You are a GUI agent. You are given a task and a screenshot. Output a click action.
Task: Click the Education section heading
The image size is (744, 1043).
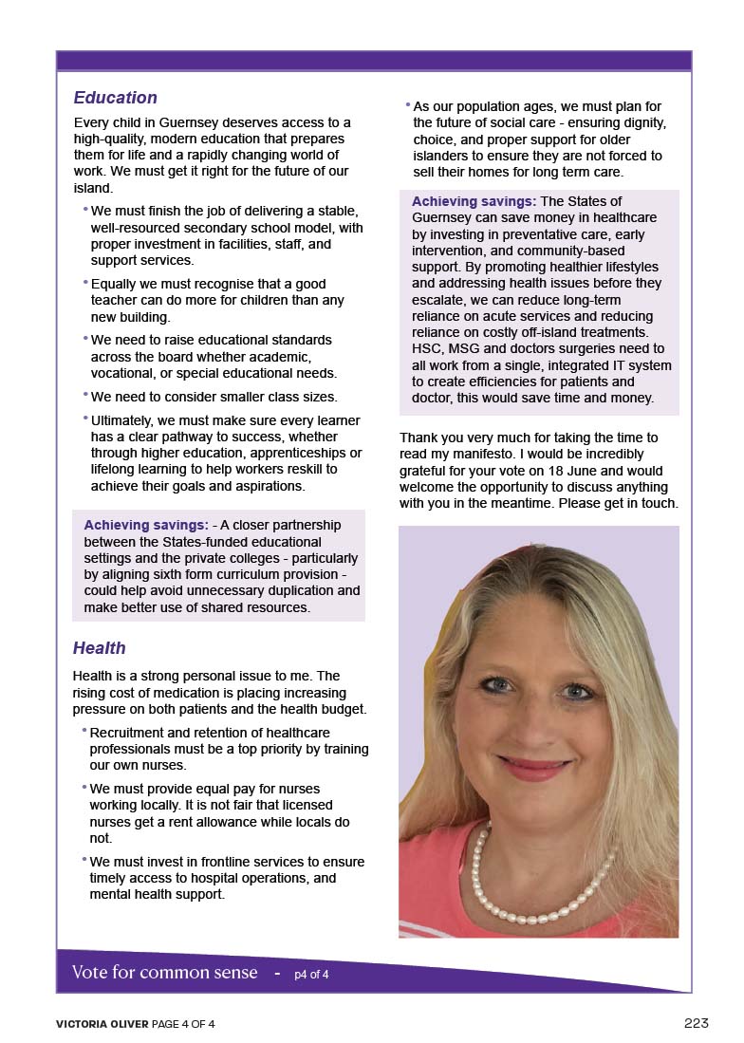pyautogui.click(x=115, y=98)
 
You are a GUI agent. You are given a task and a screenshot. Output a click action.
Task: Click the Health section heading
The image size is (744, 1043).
pyautogui.click(x=99, y=648)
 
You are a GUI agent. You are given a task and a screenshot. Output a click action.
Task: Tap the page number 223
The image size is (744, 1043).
pyautogui.click(x=696, y=1022)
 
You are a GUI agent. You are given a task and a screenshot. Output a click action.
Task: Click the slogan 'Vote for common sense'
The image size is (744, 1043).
pyautogui.click(x=164, y=972)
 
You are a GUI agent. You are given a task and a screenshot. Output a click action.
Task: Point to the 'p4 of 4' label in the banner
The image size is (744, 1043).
pyautogui.click(x=311, y=974)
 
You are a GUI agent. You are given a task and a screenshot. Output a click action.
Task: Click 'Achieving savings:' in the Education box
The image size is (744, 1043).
pyautogui.click(x=146, y=525)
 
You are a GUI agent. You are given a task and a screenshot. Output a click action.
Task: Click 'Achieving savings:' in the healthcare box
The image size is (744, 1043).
pyautogui.click(x=474, y=201)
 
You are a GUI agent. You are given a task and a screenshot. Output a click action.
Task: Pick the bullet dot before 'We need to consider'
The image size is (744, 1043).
pyautogui.click(x=85, y=394)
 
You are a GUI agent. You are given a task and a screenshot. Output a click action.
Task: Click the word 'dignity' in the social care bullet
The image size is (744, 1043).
pyautogui.click(x=640, y=123)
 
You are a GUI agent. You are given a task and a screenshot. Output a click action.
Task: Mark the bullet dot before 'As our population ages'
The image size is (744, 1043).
pyautogui.click(x=407, y=104)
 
